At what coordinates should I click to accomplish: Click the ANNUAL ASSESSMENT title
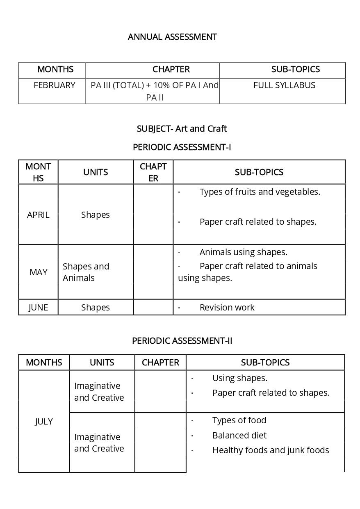click(x=172, y=37)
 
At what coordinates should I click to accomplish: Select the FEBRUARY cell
click(x=55, y=85)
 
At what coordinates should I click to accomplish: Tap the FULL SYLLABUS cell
click(x=284, y=85)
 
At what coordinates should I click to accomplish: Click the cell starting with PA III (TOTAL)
click(x=154, y=91)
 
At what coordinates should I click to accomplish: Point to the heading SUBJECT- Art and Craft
click(x=182, y=129)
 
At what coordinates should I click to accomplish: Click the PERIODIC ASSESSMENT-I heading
click(x=182, y=147)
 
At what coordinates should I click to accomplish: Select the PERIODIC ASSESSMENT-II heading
click(x=182, y=341)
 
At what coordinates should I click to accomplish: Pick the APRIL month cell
click(x=38, y=215)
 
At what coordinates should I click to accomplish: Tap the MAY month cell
click(x=38, y=272)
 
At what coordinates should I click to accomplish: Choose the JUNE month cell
click(x=38, y=308)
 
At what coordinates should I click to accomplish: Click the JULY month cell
click(x=43, y=422)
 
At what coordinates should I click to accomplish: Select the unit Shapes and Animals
click(x=86, y=272)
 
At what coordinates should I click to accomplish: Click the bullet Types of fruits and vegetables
click(x=260, y=192)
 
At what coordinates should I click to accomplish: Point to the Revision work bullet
click(x=227, y=308)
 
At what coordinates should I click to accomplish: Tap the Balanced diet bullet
click(x=239, y=436)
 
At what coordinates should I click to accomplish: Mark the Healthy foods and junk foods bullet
click(x=270, y=450)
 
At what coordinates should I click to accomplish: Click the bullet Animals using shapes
click(x=243, y=252)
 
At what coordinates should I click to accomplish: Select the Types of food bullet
click(x=239, y=420)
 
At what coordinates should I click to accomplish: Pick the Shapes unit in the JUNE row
click(x=96, y=308)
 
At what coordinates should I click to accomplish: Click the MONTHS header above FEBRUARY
click(x=55, y=69)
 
